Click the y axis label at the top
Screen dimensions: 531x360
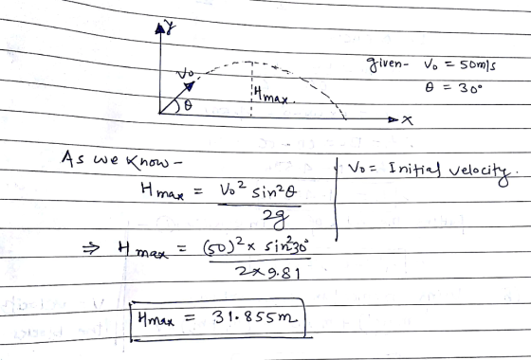170,27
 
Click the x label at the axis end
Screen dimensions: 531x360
407,120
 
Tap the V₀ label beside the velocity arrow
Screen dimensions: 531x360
185,74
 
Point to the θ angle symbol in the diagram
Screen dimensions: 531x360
188,105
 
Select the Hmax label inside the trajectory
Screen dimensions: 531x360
274,95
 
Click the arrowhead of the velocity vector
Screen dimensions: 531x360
190,86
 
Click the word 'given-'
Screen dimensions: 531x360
388,64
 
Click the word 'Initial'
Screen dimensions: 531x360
414,169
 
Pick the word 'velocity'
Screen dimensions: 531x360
480,171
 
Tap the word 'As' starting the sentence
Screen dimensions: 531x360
72,159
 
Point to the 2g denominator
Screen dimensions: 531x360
276,218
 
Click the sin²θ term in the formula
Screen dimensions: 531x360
274,192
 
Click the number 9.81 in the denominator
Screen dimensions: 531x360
284,273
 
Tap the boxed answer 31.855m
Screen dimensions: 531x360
255,317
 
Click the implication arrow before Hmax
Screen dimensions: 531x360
91,248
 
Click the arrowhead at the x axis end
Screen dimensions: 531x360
393,119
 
